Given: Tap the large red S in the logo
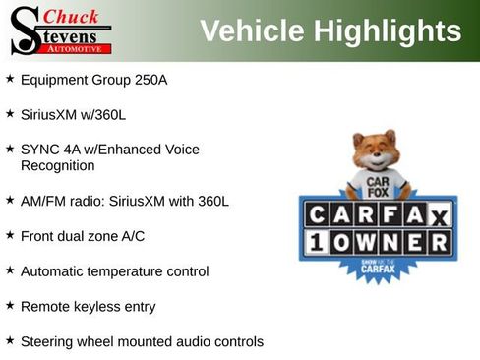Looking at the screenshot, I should [24, 31].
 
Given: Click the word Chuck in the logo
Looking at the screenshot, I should [72, 16].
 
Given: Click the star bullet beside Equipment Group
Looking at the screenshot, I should [10, 78].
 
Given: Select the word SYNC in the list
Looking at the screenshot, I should [40, 150].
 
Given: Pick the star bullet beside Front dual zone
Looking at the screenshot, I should [10, 235].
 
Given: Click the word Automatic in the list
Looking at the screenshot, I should [53, 270].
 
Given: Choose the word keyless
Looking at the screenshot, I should [94, 306].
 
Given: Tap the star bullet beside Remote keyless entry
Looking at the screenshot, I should [10, 305].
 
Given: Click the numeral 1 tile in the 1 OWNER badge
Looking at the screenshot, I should [317, 242].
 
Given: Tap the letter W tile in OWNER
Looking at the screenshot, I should [367, 242].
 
